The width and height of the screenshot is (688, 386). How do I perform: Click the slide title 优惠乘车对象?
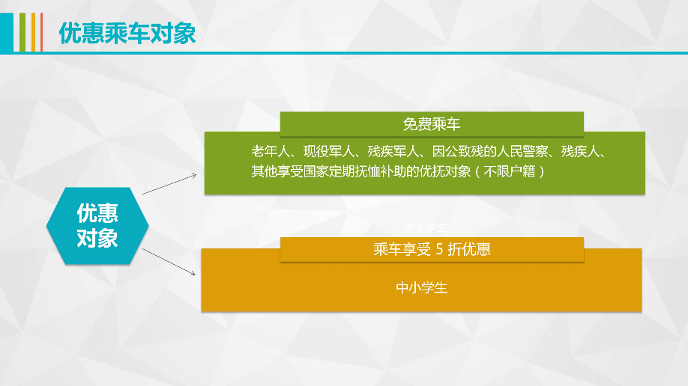point(127,33)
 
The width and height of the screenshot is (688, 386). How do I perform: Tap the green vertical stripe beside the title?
point(22,32)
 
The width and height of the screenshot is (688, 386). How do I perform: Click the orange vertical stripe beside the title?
point(33,32)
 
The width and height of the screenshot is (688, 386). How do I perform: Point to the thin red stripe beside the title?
point(41,32)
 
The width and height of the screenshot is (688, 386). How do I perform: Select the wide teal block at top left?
point(6,32)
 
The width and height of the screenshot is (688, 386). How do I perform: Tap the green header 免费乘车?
point(432,124)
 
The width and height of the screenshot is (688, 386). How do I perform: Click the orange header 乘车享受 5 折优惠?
point(432,250)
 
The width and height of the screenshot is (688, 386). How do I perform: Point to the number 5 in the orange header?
point(440,250)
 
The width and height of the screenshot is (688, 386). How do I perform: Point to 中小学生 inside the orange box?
point(422,287)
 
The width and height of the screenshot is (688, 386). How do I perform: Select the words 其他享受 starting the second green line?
point(277,171)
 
